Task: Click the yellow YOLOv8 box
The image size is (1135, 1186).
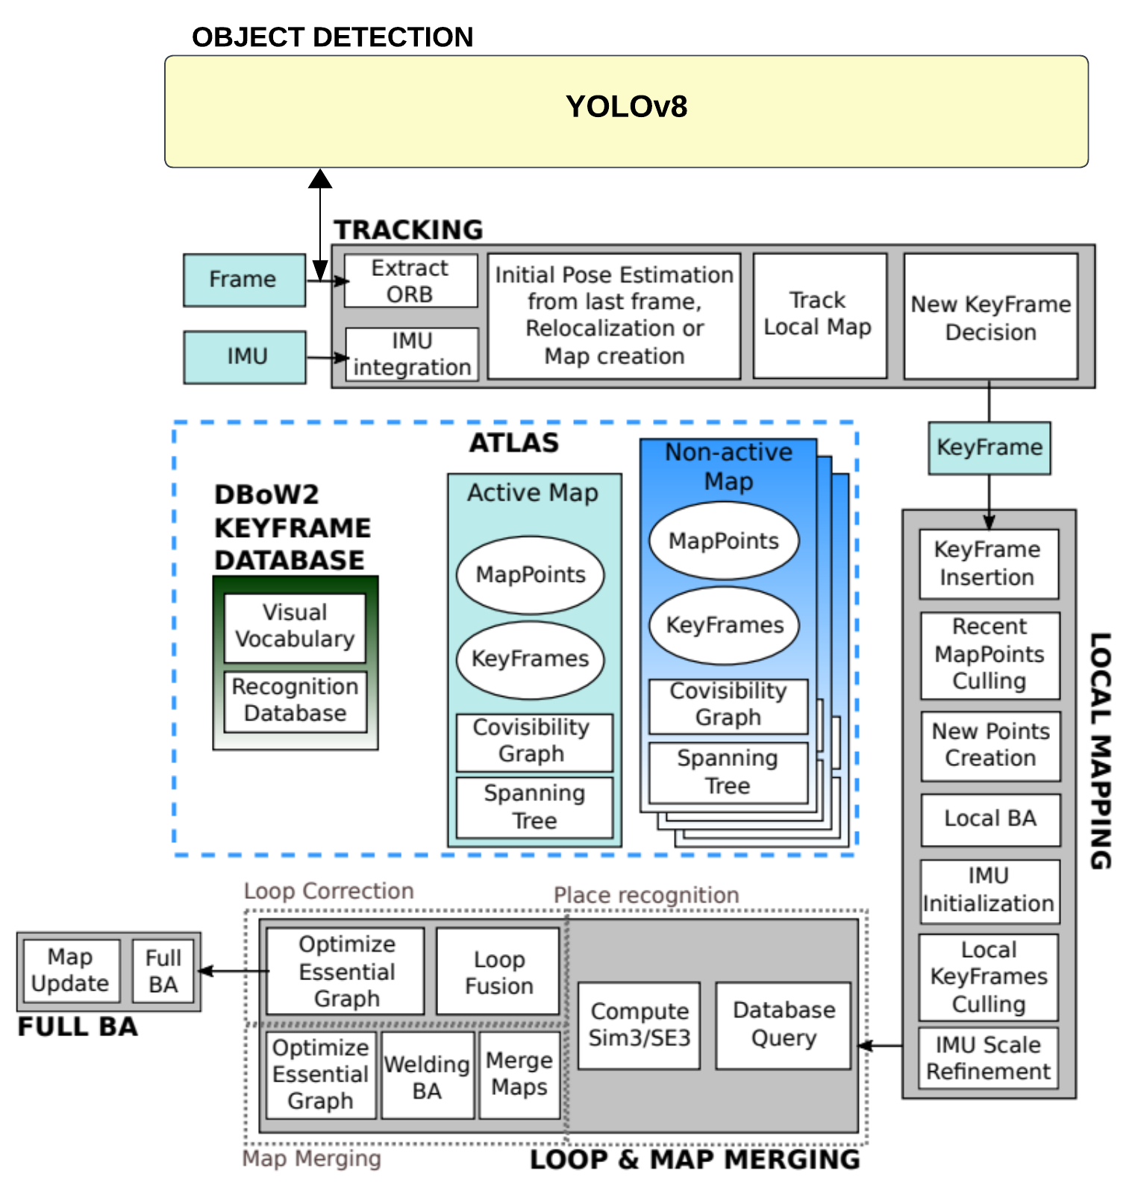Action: pos(626,110)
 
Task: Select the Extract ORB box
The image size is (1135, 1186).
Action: pos(410,280)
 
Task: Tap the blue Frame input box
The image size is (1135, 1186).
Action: pos(244,280)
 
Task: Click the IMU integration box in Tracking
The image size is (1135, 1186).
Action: pos(412,354)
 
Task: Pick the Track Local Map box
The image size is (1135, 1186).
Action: pos(819,315)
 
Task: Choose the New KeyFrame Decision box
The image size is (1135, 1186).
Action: pos(990,317)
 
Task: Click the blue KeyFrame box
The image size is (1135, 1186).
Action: pos(989,448)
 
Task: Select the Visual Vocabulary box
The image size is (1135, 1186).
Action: pos(295,627)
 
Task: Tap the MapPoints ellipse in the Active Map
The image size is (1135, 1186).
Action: pos(530,574)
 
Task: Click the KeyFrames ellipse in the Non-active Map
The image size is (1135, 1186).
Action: pos(724,625)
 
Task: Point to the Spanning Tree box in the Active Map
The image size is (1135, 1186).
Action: pos(534,807)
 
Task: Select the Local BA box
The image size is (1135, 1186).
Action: pos(990,819)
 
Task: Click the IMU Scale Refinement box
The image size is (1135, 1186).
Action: pos(988,1058)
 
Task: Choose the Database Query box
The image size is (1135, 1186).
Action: pos(784,1024)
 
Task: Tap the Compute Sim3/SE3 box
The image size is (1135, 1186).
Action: pos(639,1025)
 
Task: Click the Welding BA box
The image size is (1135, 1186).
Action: pos(427,1076)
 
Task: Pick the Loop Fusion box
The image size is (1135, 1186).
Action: pos(498,972)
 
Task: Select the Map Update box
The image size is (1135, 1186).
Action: pos(71,970)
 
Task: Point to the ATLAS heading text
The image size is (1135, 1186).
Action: pos(513,443)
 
